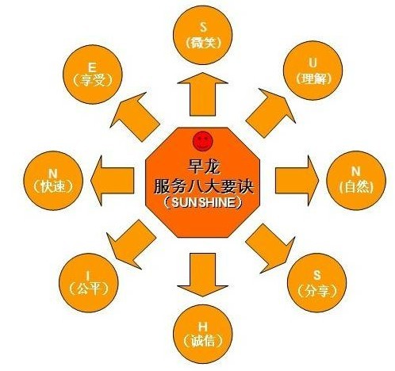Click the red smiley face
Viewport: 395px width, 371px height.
coord(202,141)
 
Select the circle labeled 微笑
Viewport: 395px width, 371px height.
coord(203,35)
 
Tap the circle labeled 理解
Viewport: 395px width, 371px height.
coord(313,71)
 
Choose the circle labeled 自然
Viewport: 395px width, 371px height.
coord(356,181)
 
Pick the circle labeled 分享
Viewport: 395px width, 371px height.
coord(316,283)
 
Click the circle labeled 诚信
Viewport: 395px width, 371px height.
coord(203,335)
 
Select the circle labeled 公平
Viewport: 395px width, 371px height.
coord(88,283)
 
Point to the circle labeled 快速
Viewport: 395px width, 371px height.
coord(53,181)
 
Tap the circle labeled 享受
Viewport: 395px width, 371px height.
coord(92,75)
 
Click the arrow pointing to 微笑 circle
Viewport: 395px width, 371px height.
coord(202,94)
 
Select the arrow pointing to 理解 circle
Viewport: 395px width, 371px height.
coord(270,113)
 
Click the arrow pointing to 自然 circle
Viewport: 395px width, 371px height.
coord(297,181)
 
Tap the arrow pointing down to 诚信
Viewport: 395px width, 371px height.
coord(202,275)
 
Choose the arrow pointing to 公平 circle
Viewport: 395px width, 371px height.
coord(132,244)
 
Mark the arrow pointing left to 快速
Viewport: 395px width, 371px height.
coord(112,181)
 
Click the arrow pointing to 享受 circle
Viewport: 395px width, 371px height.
coord(135,117)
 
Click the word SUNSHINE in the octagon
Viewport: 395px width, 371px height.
coord(203,203)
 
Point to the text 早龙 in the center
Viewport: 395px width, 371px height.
coord(203,166)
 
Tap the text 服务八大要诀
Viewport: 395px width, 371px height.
coord(203,185)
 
